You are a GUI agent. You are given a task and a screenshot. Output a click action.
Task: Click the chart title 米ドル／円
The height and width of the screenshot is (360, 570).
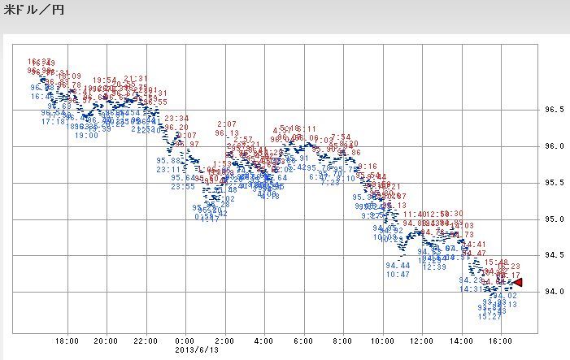pyautogui.click(x=34, y=11)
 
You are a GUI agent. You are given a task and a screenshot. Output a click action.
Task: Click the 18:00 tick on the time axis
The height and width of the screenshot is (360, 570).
pyautogui.click(x=67, y=340)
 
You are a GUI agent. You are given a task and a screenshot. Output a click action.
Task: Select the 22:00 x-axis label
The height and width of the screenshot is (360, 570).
pyautogui.click(x=146, y=340)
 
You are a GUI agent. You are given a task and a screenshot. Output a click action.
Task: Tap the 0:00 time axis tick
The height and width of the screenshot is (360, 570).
pyautogui.click(x=185, y=340)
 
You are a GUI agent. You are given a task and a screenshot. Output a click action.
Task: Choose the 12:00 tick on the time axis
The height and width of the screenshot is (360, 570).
pyautogui.click(x=422, y=340)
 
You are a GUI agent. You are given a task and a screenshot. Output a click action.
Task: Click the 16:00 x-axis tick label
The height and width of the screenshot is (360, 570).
pyautogui.click(x=501, y=340)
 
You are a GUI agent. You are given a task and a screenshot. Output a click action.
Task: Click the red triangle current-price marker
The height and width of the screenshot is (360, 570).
pyautogui.click(x=517, y=282)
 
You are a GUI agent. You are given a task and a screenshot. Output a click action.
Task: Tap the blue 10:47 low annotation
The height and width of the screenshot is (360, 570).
pyautogui.click(x=398, y=275)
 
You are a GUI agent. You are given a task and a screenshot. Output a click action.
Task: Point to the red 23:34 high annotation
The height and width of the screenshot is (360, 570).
pyautogui.click(x=177, y=118)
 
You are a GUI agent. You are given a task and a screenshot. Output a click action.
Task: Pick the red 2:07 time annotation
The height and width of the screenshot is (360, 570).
pyautogui.click(x=227, y=124)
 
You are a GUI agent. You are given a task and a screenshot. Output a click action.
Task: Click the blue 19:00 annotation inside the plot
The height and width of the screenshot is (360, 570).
pyautogui.click(x=86, y=136)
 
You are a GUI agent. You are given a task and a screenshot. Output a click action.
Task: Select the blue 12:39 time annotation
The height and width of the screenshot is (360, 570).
pyautogui.click(x=434, y=267)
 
